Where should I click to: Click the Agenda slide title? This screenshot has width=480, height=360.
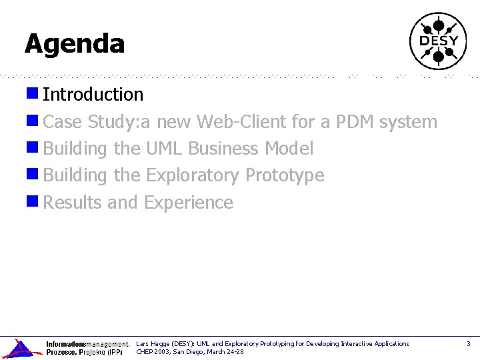[x=75, y=44]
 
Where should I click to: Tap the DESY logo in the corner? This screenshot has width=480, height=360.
[x=438, y=41]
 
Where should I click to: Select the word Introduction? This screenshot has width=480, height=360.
[x=93, y=95]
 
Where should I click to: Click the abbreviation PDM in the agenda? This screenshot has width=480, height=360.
[x=355, y=122]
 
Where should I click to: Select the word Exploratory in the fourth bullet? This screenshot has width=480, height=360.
[x=193, y=176]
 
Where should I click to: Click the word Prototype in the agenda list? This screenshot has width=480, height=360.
[x=285, y=176]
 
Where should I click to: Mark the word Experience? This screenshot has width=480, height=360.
[x=189, y=203]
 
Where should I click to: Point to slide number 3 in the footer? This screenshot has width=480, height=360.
[x=468, y=344]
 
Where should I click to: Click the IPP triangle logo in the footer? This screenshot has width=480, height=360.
[x=21, y=349]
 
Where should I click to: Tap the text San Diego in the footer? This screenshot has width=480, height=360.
[x=189, y=351]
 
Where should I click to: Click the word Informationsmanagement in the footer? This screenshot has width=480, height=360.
[x=87, y=344]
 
